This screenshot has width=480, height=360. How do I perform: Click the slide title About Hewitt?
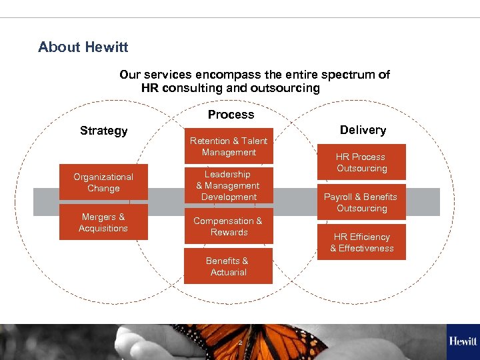pyautogui.click(x=83, y=47)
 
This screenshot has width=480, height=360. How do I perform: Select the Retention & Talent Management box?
pyautogui.click(x=229, y=147)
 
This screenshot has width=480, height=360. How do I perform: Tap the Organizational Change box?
pyautogui.click(x=103, y=183)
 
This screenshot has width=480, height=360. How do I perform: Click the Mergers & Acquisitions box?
pyautogui.click(x=103, y=223)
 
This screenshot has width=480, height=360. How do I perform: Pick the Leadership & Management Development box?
pyautogui.click(x=229, y=186)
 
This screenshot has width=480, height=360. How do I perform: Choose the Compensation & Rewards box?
pyautogui.click(x=228, y=227)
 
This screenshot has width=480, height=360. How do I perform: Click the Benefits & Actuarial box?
pyautogui.click(x=228, y=267)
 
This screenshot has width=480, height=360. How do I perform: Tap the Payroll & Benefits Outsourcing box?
pyautogui.click(x=361, y=203)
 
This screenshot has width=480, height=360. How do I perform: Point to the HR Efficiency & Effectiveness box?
pyautogui.click(x=361, y=243)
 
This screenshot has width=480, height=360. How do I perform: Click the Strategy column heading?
pyautogui.click(x=103, y=131)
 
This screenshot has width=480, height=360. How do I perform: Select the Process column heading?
pyautogui.click(x=231, y=115)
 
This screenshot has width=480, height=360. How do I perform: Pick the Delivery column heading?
pyautogui.click(x=363, y=130)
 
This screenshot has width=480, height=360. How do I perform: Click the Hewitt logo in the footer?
pyautogui.click(x=463, y=341)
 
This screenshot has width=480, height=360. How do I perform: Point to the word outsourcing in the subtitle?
pyautogui.click(x=284, y=88)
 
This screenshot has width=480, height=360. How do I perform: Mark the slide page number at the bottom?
pyautogui.click(x=240, y=343)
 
